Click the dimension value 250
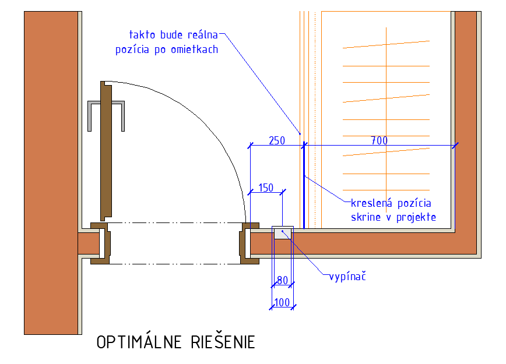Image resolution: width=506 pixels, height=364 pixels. coord(276,140)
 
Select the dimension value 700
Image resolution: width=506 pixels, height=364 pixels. coord(379,140)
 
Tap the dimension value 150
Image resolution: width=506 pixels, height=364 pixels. coord(265,188)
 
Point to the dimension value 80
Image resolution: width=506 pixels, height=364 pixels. coord(282,280)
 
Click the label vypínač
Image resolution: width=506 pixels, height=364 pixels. coord(347,275)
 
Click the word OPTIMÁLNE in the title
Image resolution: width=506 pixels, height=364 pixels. coord(139,342)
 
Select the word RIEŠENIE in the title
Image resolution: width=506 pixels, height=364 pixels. coord(223,342)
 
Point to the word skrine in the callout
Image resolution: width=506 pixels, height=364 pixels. coord(367,217)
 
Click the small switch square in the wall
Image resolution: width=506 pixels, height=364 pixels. coord(283,233)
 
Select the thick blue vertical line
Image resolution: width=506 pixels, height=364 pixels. coord(303,186)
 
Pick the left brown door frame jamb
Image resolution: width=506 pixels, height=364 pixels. coord(99,243)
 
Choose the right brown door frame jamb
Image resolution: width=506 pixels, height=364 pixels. coord(251,243)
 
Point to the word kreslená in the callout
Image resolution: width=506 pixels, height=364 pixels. coord(371,203)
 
